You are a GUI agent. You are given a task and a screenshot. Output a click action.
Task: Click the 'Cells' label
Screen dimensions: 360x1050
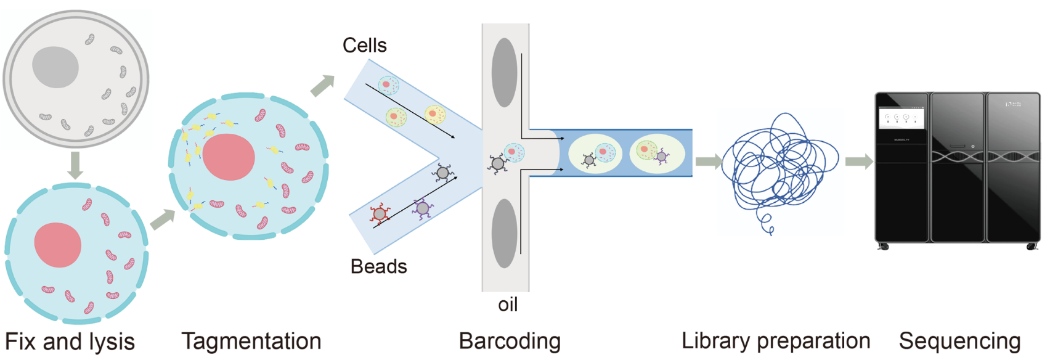pos(364,46)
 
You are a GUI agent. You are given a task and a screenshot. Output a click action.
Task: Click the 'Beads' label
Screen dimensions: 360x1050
pos(378,266)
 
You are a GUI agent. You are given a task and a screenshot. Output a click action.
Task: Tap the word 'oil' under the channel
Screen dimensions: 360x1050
pos(508,305)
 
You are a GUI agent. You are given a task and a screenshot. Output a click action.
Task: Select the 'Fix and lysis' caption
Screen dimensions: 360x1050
pos(70,342)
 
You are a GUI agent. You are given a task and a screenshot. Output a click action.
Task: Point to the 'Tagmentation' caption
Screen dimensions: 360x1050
pos(251,341)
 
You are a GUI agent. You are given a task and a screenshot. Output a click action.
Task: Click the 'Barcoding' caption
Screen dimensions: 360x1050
pos(510,341)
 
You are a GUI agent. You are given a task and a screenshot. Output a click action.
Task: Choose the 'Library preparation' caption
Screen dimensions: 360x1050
pos(776,340)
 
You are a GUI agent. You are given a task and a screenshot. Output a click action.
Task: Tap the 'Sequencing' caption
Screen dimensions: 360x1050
pos(959,341)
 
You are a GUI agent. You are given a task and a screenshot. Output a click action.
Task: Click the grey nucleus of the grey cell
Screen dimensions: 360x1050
pos(55,67)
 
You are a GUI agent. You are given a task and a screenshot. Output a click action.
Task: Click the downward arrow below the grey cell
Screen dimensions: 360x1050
pos(75,165)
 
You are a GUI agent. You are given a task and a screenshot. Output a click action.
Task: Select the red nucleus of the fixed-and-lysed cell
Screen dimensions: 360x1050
pos(58,245)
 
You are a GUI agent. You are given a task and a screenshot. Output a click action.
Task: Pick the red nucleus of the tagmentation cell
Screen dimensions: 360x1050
pos(229,157)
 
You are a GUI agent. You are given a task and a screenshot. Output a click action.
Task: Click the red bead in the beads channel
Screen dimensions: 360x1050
pos(380,214)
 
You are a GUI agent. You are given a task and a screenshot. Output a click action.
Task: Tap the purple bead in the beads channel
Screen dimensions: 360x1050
pos(422,208)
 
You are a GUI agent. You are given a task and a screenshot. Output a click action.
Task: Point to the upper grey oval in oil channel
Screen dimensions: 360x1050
pos(504,73)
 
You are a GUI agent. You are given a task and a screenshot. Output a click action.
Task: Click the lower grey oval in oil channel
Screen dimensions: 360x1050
pos(504,233)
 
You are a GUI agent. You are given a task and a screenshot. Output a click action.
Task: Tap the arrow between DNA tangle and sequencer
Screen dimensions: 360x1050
pos(858,162)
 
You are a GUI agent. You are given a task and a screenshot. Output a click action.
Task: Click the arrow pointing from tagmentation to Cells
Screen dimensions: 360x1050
pos(322,86)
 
